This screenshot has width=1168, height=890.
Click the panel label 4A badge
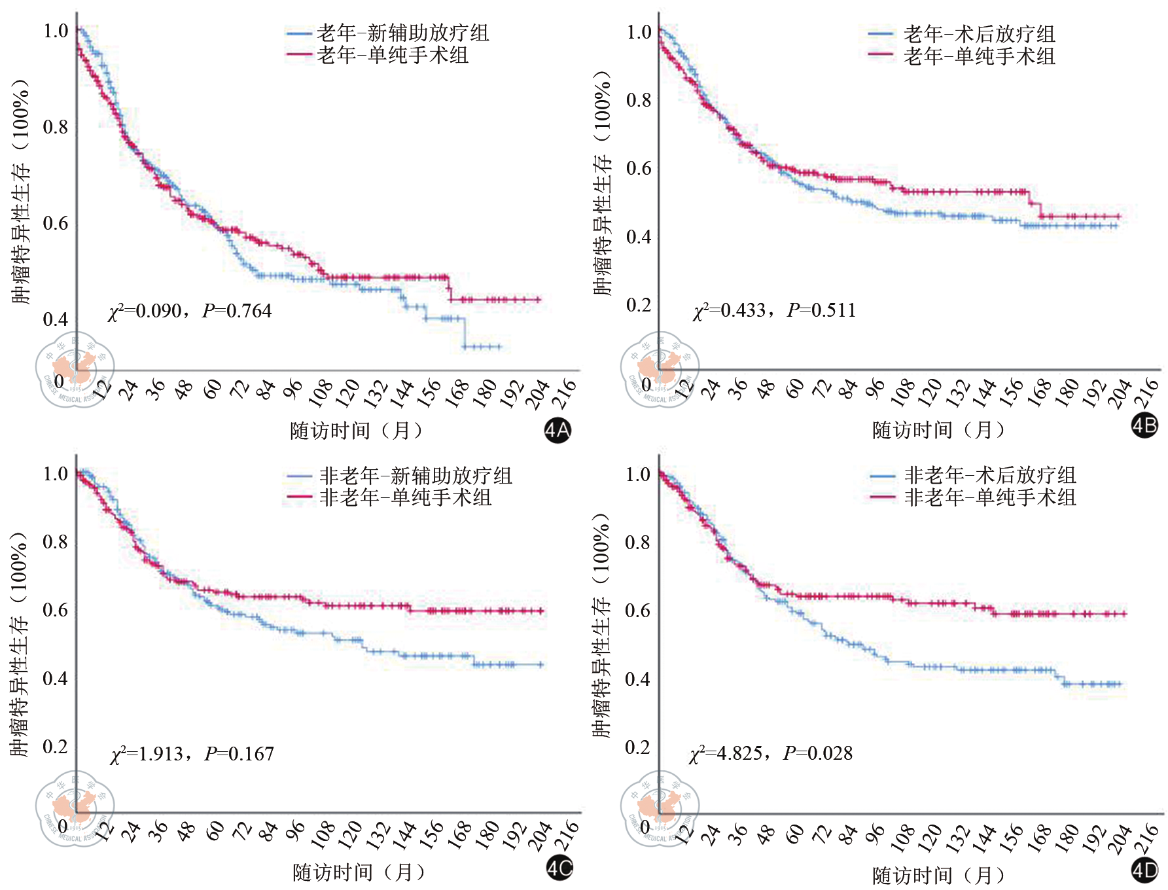(557, 430)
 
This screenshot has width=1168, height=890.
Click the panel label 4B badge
(1144, 426)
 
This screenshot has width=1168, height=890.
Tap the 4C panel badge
(559, 868)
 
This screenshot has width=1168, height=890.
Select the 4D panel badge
(1144, 870)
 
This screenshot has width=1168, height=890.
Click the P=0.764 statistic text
(237, 311)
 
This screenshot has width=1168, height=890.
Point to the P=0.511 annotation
(822, 310)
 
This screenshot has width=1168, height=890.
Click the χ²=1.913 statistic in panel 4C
(147, 754)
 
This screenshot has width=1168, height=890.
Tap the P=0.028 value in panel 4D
(818, 753)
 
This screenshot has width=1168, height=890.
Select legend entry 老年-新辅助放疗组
(402, 33)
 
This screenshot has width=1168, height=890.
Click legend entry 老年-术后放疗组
(979, 33)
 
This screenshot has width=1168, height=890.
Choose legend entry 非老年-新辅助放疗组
(415, 476)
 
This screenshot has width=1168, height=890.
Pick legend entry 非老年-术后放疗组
(989, 475)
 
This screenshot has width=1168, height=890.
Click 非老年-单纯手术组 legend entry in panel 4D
(989, 497)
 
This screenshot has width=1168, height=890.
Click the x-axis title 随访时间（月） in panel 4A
(357, 431)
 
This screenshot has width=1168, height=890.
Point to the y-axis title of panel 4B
(602, 183)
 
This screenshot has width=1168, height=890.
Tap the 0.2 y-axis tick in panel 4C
(55, 747)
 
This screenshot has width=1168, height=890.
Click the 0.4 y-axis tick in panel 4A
(55, 319)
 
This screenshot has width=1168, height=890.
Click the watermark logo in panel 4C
(75, 809)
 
